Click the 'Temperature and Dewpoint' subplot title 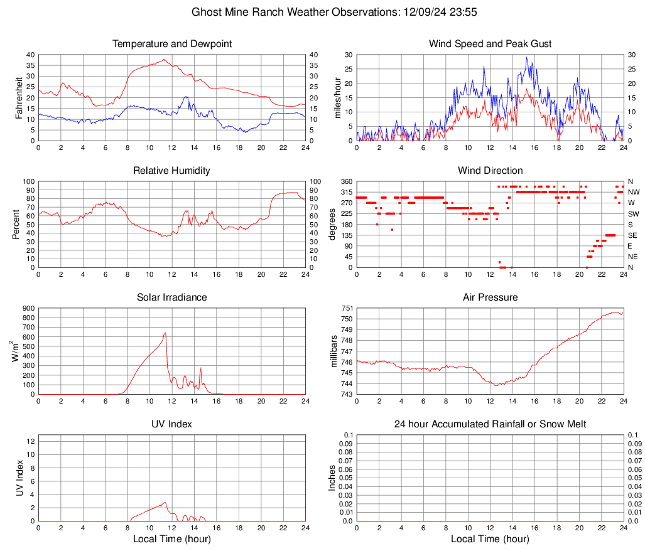pos(172,44)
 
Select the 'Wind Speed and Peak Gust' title pos(490,44)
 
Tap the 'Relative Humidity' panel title pos(172,171)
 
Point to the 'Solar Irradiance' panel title pos(172,297)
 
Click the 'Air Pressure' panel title pos(490,297)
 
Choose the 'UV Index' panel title pos(172,424)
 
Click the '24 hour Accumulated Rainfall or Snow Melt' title pos(490,424)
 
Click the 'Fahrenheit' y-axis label pos(19,98)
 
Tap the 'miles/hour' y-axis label pos(337,98)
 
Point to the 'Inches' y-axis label pos(333,478)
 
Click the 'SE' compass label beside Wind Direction pos(632,235)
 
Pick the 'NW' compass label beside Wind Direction pos(634,192)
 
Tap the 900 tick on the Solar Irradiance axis pos(28,308)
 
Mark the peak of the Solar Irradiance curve pos(165,333)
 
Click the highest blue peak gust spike pos(526,58)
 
